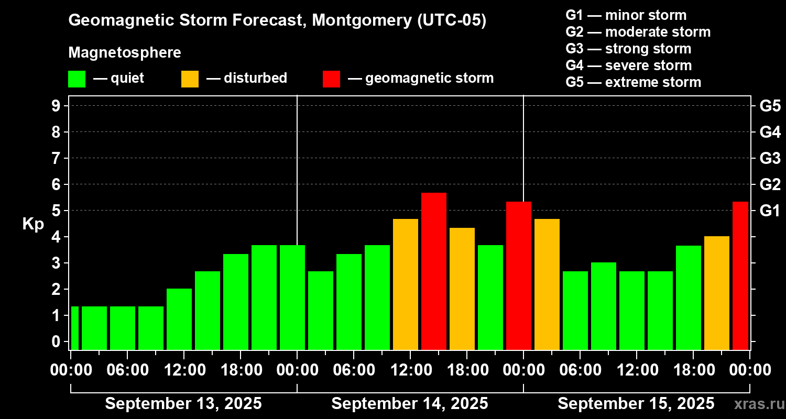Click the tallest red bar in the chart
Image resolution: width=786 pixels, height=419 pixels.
click(x=433, y=271)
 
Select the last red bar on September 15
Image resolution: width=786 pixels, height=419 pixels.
click(x=740, y=275)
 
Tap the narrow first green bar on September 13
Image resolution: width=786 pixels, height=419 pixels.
click(x=74, y=328)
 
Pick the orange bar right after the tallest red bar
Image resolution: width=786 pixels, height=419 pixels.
click(x=462, y=289)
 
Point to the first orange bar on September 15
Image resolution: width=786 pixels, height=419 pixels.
click(x=547, y=284)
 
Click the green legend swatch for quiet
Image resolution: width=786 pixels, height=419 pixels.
click(x=77, y=79)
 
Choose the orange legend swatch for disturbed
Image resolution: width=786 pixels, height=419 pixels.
click(x=190, y=79)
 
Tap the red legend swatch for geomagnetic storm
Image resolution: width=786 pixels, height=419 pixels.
click(x=331, y=79)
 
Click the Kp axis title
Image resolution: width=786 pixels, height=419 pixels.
click(x=33, y=224)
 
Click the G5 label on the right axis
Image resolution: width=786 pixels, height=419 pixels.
click(x=770, y=106)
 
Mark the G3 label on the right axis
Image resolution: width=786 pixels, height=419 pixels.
click(x=770, y=158)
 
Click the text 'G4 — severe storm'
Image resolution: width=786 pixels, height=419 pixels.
click(x=628, y=65)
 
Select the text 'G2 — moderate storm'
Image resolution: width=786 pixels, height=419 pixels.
click(x=638, y=32)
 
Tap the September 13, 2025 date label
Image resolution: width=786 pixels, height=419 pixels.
click(x=183, y=403)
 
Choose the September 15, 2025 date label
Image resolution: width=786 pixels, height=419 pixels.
click(x=636, y=403)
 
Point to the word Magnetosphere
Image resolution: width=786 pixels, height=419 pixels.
click(x=125, y=53)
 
